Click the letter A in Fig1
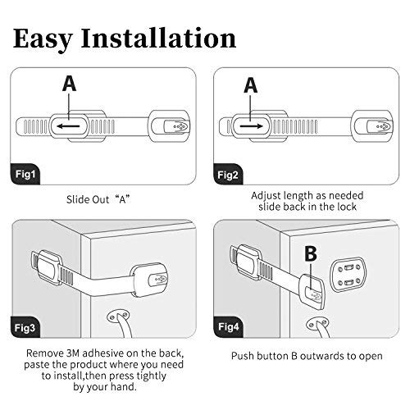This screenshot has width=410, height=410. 70,84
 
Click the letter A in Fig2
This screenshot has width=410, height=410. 250,84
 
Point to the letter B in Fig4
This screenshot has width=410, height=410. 312,254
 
